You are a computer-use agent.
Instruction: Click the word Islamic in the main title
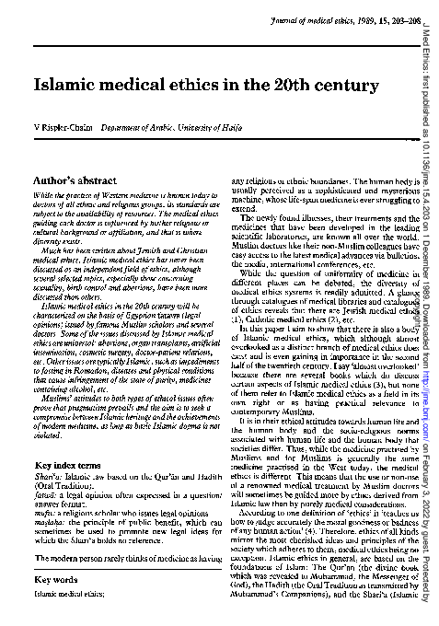[x=69, y=84]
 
